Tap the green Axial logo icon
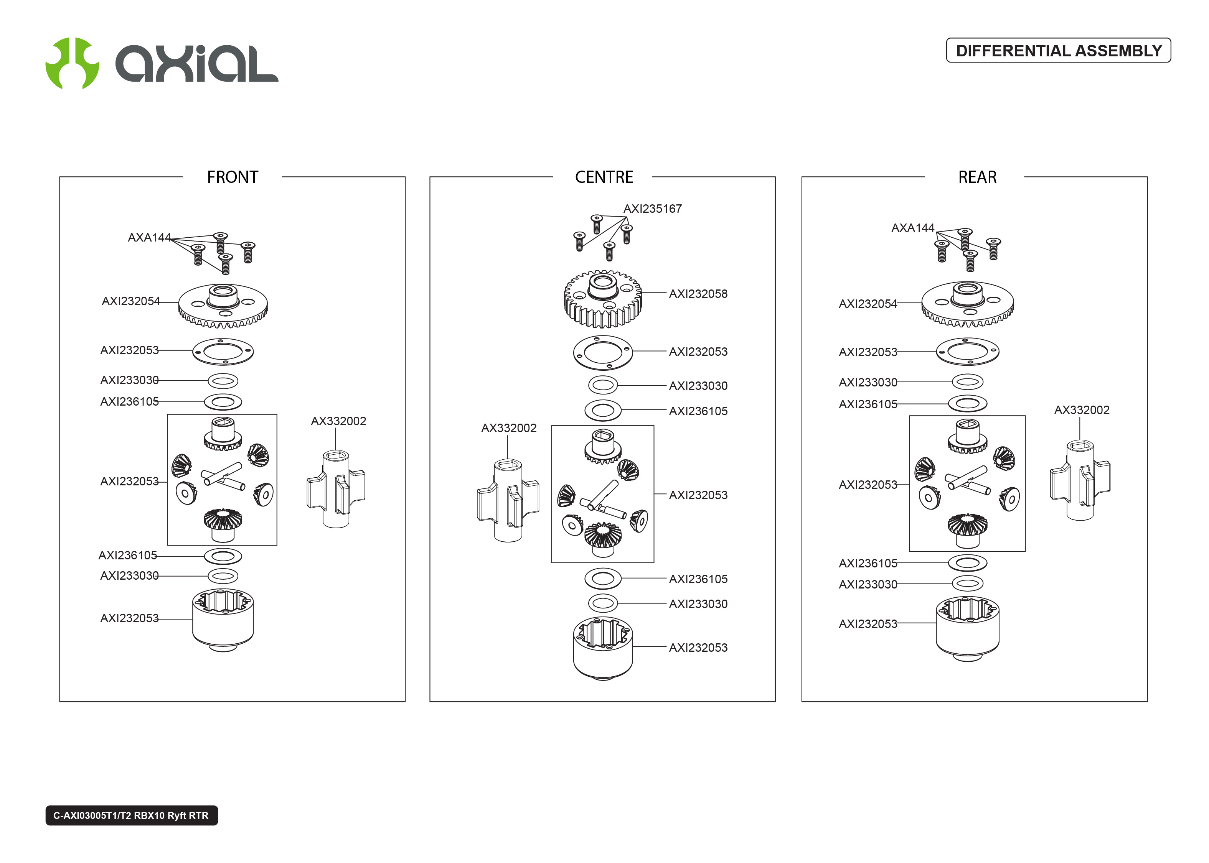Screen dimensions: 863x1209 pyautogui.click(x=72, y=63)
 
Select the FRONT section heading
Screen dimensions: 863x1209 pyautogui.click(x=233, y=177)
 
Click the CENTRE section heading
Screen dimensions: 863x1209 pyautogui.click(x=604, y=177)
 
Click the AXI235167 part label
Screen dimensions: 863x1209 pyautogui.click(x=652, y=209)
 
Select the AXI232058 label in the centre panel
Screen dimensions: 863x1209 pyautogui.click(x=698, y=294)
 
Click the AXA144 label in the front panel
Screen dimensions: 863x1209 pyautogui.click(x=149, y=238)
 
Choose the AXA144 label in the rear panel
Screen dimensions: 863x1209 pyautogui.click(x=912, y=228)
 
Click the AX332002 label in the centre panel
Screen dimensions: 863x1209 pyautogui.click(x=508, y=428)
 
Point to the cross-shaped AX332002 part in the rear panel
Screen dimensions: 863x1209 pyautogui.click(x=1080, y=480)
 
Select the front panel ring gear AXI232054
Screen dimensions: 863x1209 pyautogui.click(x=223, y=306)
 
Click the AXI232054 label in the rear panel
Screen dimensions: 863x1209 pyautogui.click(x=868, y=304)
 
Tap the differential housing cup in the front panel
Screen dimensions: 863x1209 pyautogui.click(x=223, y=619)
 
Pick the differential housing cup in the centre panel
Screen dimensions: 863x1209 pyautogui.click(x=602, y=648)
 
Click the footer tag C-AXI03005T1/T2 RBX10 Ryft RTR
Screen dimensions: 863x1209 pyautogui.click(x=131, y=815)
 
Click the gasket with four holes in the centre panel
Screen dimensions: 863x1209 pyautogui.click(x=602, y=352)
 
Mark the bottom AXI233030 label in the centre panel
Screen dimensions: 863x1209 pyautogui.click(x=698, y=604)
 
